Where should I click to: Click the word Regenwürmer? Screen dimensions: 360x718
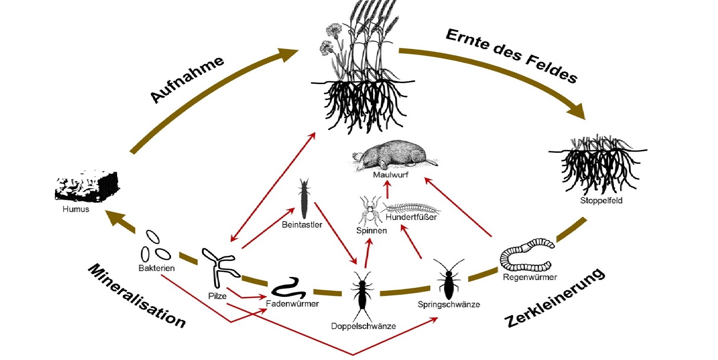point(530,277)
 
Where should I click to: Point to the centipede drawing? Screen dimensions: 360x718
point(409,208)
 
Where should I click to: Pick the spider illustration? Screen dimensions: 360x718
point(370,209)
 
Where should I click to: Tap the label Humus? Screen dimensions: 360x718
point(75,209)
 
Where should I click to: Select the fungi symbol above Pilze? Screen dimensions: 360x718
point(218,267)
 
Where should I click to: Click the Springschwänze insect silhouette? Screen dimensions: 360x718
point(448,279)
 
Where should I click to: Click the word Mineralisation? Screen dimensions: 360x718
point(137,296)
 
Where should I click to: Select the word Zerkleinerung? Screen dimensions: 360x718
point(556,297)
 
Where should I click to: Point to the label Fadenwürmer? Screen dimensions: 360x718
point(293,304)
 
